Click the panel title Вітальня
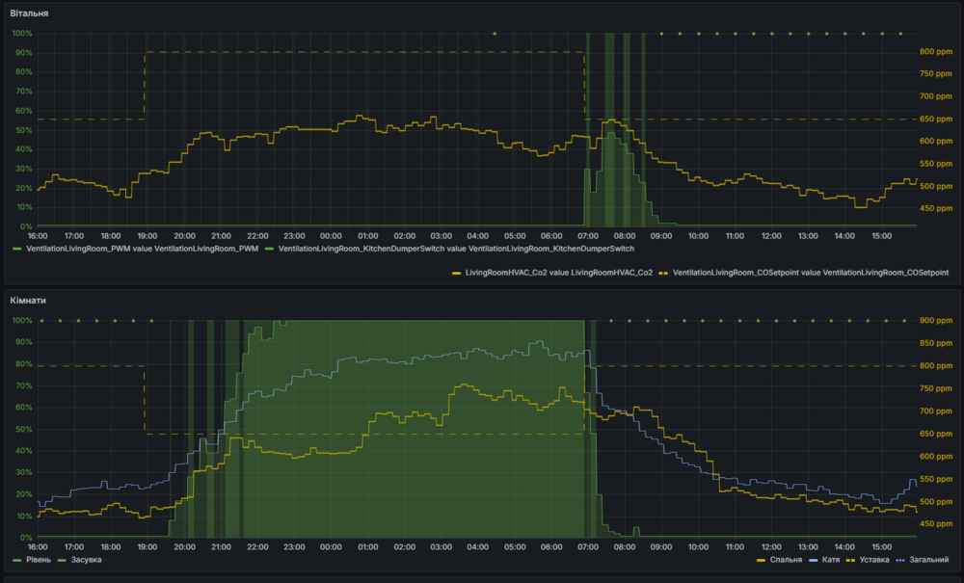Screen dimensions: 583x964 pyautogui.click(x=29, y=13)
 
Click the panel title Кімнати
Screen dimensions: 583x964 pyautogui.click(x=28, y=301)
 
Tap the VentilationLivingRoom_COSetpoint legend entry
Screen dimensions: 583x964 pyautogui.click(x=811, y=274)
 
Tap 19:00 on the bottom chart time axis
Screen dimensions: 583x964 pyautogui.click(x=147, y=546)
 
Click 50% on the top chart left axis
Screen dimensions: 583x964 pyautogui.click(x=22, y=130)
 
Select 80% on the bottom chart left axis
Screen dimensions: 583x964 pyautogui.click(x=22, y=364)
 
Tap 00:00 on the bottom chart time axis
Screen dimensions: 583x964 pyautogui.click(x=331, y=546)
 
